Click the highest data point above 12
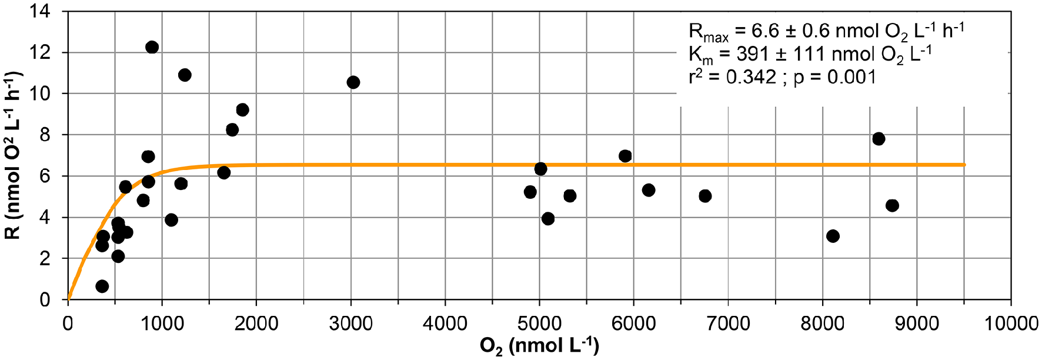pos(152,47)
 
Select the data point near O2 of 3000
pos(353,82)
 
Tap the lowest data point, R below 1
pos(102,286)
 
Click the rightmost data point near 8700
pos(892,205)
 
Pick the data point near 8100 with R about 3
pos(833,236)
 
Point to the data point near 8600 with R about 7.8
pos(879,139)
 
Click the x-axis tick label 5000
pos(539,324)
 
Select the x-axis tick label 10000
pos(1010,324)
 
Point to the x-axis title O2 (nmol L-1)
pos(539,346)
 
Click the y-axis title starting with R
pos(13,156)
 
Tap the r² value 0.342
pos(751,77)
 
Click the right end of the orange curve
pos(964,165)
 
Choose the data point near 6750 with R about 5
pos(705,196)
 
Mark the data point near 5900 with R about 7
pos(625,156)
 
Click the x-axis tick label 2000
pos(256,324)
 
